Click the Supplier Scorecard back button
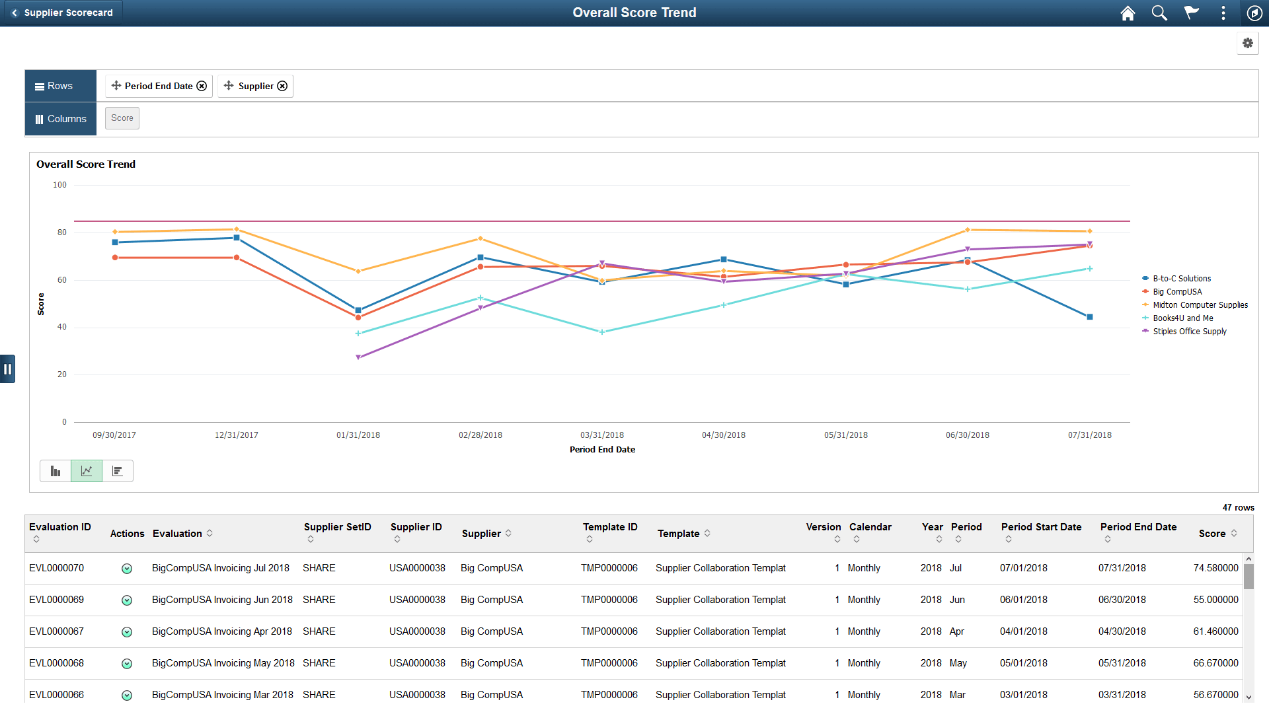62,13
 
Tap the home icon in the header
1128,13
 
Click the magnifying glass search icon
1159,13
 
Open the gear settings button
1247,44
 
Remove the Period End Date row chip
202,86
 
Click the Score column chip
122,118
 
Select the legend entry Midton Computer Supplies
1200,305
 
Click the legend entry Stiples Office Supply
1189,332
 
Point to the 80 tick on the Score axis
62,232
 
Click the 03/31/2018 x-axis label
601,435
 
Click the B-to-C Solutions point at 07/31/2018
1090,317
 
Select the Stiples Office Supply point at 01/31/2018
358,357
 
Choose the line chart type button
87,471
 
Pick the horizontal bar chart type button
118,471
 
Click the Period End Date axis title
602,450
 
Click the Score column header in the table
1211,534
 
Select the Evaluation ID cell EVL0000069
57,600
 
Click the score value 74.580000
1215,568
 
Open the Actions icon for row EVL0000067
127,632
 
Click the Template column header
678,534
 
